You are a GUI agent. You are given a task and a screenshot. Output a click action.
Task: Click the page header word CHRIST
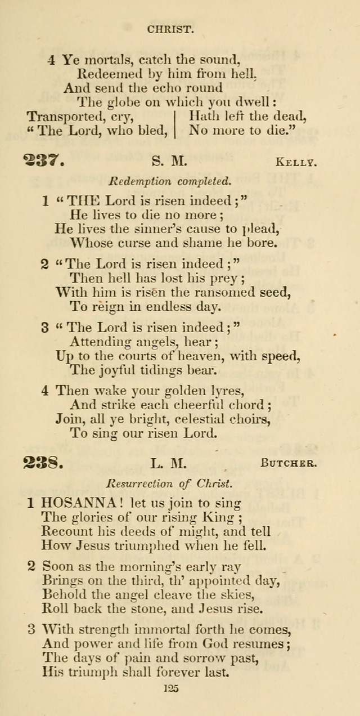click(171, 29)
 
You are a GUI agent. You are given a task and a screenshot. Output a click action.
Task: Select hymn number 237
click(44, 161)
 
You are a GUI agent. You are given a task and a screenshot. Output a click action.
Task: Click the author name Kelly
click(296, 163)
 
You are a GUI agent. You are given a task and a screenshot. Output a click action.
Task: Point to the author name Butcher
click(289, 464)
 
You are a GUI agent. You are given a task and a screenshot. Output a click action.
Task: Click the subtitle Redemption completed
click(169, 181)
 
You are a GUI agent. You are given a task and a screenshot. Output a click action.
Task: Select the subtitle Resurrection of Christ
click(169, 483)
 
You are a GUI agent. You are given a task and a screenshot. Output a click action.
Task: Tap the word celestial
click(197, 419)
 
